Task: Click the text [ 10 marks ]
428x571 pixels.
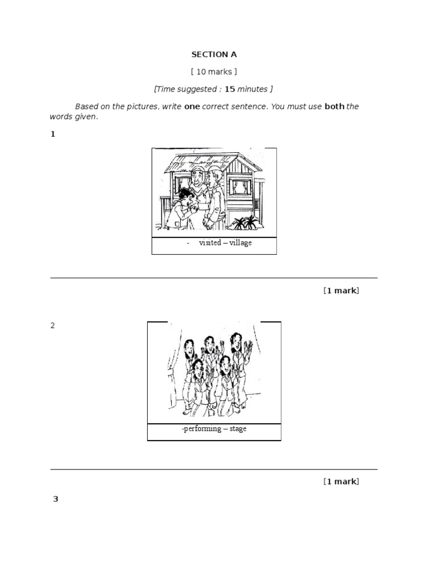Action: coord(214,72)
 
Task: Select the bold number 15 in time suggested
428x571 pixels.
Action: coord(230,89)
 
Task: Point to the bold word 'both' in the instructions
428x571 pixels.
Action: coord(334,107)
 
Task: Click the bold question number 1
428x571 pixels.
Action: coord(53,134)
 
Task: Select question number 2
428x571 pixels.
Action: coord(53,326)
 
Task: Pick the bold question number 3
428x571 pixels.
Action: coord(55,499)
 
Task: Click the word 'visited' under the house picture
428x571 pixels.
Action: coord(210,243)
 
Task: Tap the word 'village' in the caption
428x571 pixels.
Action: coord(240,243)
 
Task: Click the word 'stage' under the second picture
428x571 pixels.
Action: coord(238,429)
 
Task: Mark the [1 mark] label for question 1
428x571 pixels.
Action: coord(341,291)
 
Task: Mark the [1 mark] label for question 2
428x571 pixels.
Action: coord(341,482)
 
